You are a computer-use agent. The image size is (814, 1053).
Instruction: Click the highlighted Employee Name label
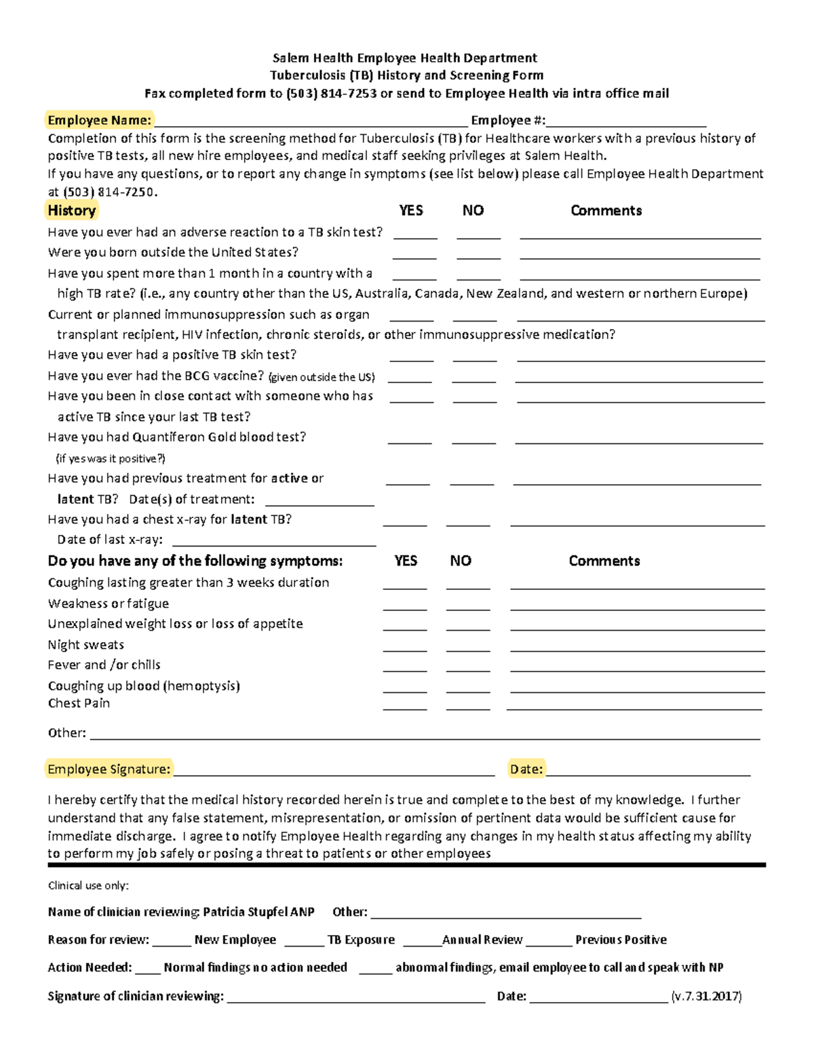(x=99, y=120)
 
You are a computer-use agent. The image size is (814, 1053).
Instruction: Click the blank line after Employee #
(x=625, y=122)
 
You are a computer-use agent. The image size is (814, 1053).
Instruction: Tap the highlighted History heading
(x=71, y=210)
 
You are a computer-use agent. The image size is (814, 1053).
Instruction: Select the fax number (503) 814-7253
(x=331, y=94)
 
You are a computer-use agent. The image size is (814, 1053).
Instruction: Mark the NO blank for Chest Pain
(x=468, y=706)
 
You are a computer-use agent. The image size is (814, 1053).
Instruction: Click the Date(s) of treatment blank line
(x=319, y=501)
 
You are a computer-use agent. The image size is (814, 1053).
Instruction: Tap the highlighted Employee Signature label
(x=109, y=769)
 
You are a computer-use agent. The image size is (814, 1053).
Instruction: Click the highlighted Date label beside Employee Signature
(x=526, y=769)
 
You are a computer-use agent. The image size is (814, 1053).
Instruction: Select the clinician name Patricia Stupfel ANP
(x=258, y=912)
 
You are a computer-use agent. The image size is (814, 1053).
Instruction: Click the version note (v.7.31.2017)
(x=706, y=996)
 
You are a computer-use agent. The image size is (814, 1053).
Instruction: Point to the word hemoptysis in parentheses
(x=201, y=686)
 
